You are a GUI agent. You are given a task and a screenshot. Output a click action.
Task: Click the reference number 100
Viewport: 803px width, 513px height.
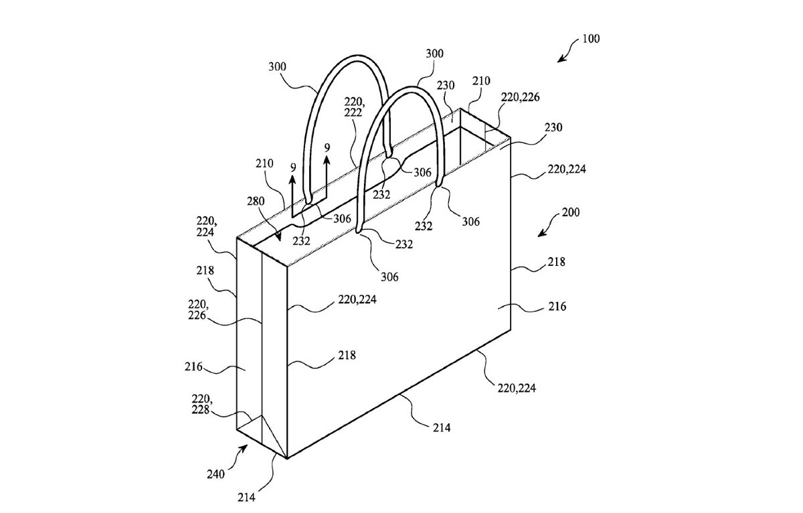tap(591, 38)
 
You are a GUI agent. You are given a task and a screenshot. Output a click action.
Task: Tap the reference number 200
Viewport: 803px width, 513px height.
tap(570, 212)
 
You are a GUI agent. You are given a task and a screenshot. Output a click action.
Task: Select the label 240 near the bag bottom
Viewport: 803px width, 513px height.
tap(215, 474)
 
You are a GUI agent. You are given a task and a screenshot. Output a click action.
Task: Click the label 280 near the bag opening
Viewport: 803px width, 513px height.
tap(256, 201)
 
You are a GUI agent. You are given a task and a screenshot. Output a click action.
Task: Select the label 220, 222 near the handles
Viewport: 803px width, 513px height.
tap(355, 106)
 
